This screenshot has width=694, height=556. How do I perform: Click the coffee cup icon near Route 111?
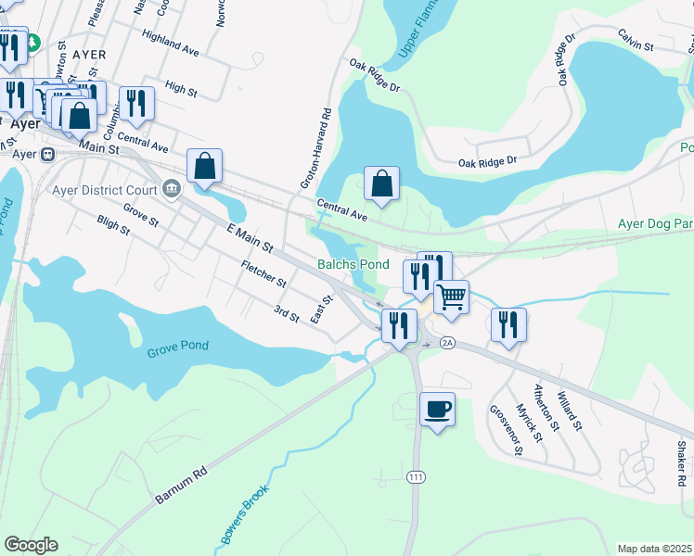pos(437,409)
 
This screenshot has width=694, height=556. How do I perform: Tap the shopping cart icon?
pos(451,297)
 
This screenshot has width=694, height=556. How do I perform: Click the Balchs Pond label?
pos(353,264)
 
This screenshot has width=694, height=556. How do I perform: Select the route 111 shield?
pos(415,475)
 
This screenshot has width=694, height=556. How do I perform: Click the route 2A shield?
pos(447,343)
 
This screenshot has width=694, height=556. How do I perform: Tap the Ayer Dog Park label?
pos(655,224)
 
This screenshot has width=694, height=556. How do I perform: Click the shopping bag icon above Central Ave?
pos(381,183)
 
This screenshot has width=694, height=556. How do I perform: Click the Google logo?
pos(31,545)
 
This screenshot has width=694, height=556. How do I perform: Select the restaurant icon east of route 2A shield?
pos(508,324)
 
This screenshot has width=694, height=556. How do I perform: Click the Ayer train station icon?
pos(47,154)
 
